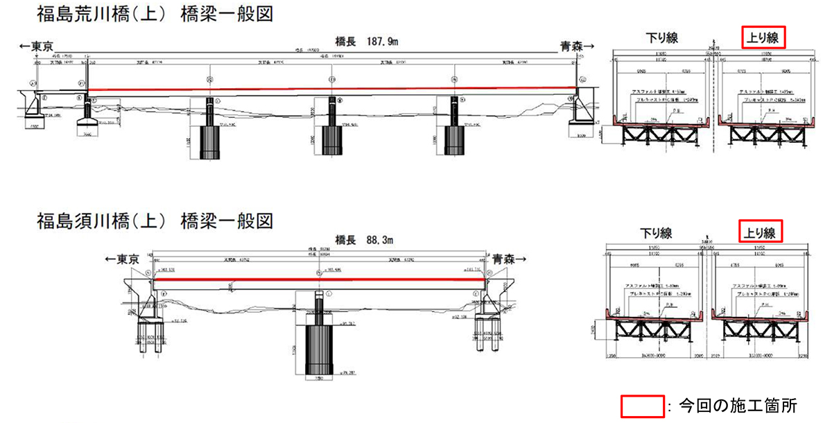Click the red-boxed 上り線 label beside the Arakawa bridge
[x=763, y=37]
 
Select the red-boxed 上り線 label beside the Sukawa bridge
[x=761, y=231]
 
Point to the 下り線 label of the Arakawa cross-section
[x=661, y=38]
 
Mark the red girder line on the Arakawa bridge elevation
[x=331, y=89]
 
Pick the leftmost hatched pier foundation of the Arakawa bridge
[x=211, y=142]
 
